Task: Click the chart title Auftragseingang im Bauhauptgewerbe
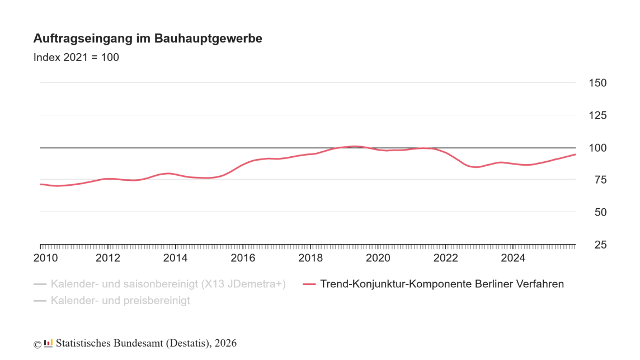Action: point(148,39)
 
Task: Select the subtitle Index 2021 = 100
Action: point(76,57)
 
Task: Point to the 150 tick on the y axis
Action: point(597,83)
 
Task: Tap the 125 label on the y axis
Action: point(597,115)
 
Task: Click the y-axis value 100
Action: point(597,148)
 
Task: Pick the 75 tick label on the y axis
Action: point(597,180)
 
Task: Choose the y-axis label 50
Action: point(597,212)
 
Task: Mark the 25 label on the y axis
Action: point(597,245)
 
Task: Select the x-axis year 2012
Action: point(108,258)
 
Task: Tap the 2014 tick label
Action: point(176,258)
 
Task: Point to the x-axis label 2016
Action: point(243,258)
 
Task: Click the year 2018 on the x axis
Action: point(310,258)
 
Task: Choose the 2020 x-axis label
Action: point(378,258)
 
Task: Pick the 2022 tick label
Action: point(446,258)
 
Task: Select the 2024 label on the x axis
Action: point(513,258)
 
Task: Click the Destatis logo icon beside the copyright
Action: point(48,343)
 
